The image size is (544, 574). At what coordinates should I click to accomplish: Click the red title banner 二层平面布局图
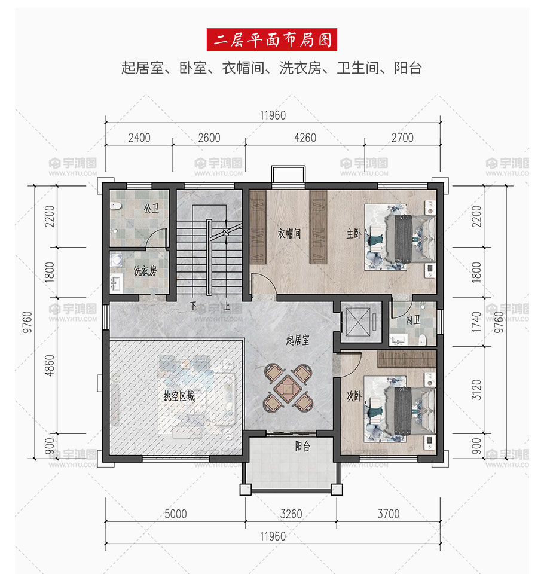271,39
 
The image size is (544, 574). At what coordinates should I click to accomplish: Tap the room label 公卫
152,208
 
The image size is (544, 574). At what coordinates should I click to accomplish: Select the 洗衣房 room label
145,271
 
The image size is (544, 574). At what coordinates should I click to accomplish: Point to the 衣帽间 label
289,233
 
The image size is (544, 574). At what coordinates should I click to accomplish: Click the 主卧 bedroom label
354,233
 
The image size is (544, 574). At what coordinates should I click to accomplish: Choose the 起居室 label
298,340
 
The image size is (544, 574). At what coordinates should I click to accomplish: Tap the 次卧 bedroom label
354,396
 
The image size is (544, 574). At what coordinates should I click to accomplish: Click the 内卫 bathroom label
412,320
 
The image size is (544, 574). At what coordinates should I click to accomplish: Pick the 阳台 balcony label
302,446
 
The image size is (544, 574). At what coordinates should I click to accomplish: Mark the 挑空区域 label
179,396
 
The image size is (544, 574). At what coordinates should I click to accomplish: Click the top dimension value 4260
305,138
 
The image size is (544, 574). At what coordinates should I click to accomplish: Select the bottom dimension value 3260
291,514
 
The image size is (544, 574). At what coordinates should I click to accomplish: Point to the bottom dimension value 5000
175,514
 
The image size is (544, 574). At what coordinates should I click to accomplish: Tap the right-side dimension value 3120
476,390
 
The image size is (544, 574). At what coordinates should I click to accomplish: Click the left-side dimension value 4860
50,365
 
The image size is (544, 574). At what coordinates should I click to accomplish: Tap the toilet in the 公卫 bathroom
116,206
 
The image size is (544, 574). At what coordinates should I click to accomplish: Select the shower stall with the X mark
358,322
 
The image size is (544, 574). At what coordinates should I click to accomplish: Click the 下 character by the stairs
194,306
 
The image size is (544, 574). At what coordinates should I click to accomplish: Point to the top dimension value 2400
139,138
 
